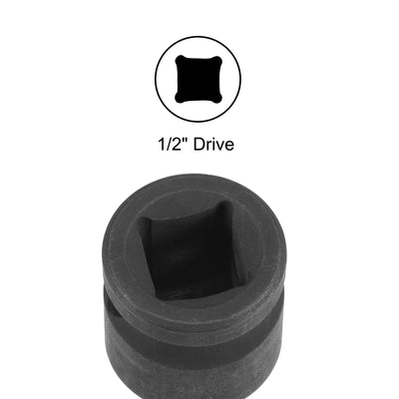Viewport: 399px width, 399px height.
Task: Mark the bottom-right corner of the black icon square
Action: [x=220, y=102]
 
